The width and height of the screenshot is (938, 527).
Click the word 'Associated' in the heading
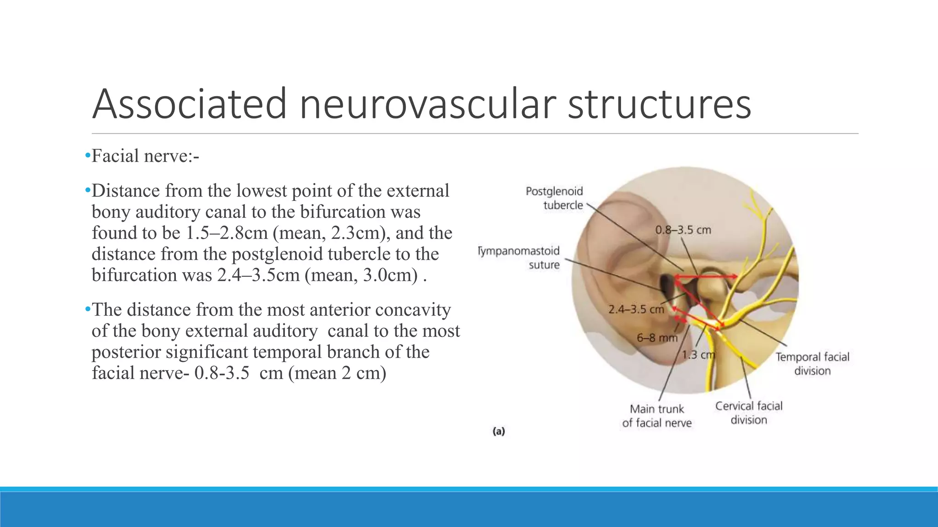[x=189, y=104]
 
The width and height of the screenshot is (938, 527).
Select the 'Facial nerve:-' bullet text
[x=145, y=156]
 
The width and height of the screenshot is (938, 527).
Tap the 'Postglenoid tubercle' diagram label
[x=555, y=198]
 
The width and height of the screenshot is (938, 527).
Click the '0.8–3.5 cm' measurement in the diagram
[x=683, y=230]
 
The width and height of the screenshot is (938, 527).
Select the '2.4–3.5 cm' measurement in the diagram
[x=636, y=310]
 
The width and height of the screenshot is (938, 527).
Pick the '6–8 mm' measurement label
[x=656, y=338]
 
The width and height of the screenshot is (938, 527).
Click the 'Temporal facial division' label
[x=812, y=364]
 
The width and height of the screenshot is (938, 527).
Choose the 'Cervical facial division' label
[x=748, y=413]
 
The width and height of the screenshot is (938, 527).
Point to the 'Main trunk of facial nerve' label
[x=656, y=416]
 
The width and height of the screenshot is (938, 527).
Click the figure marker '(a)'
[x=498, y=431]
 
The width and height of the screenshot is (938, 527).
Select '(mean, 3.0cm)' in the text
[x=361, y=275]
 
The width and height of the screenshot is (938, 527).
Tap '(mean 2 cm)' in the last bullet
[x=337, y=373]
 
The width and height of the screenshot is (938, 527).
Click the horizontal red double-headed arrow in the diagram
[x=705, y=276]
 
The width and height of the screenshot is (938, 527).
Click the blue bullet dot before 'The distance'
[x=87, y=310]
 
